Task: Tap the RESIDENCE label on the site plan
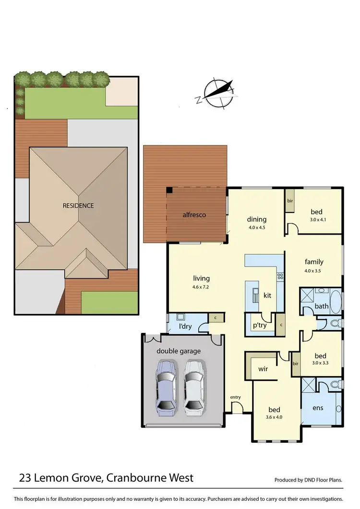(78, 206)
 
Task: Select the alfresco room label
(193, 215)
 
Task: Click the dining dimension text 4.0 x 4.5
(256, 228)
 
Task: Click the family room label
(314, 262)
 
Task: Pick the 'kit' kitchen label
(267, 296)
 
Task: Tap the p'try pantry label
(259, 325)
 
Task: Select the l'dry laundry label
(186, 327)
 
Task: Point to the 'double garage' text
(179, 351)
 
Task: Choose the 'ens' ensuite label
(318, 408)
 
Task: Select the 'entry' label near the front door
(235, 397)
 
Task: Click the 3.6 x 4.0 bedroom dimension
(274, 417)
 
